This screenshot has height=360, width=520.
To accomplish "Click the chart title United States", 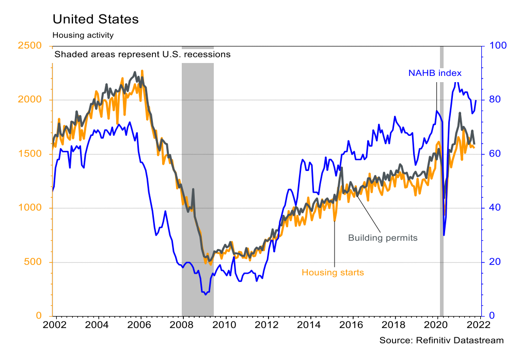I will click(96, 20).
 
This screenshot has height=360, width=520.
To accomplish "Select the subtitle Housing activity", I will click(83, 35).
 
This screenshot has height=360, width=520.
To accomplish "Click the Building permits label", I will click(382, 238).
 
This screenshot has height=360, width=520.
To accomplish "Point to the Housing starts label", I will click(333, 272).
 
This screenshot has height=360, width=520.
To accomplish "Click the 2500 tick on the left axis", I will click(31, 45).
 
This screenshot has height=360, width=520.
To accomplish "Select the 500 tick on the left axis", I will click(34, 262).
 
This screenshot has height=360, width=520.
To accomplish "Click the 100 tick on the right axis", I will click(494, 45).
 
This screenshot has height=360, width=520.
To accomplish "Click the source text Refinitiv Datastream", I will click(441, 340).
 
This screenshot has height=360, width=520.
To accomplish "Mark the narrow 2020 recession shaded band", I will click(442, 181).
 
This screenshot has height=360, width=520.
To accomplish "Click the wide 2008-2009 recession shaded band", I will click(197, 181).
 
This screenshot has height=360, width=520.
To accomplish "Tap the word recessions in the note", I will click(206, 54).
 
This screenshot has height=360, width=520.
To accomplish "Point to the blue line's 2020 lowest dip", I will click(444, 235).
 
